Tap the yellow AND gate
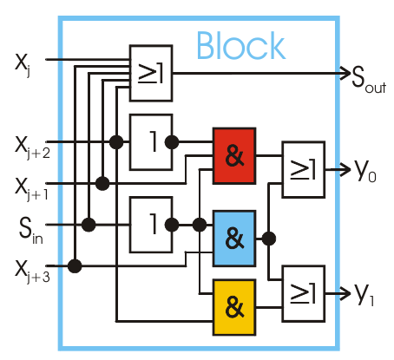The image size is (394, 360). coord(233,305)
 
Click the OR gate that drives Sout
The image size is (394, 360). coord(150,73)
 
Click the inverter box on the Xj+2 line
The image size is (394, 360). coord(150,141)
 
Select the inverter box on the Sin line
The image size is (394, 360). coord(150,224)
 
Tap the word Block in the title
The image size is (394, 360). coord(240,45)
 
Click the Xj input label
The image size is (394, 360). coord(23,63)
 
